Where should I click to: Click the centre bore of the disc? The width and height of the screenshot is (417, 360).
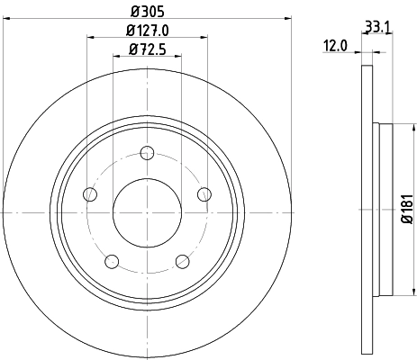(x=147, y=211)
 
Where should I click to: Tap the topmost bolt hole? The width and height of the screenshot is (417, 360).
(x=147, y=153)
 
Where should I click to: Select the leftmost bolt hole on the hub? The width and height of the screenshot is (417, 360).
(x=90, y=193)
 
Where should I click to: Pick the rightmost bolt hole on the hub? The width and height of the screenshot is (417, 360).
(x=204, y=193)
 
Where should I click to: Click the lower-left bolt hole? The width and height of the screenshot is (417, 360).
(x=112, y=261)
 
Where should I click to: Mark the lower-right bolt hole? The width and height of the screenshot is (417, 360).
(x=182, y=261)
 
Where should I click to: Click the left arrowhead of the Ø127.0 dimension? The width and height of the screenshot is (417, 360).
(x=91, y=37)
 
